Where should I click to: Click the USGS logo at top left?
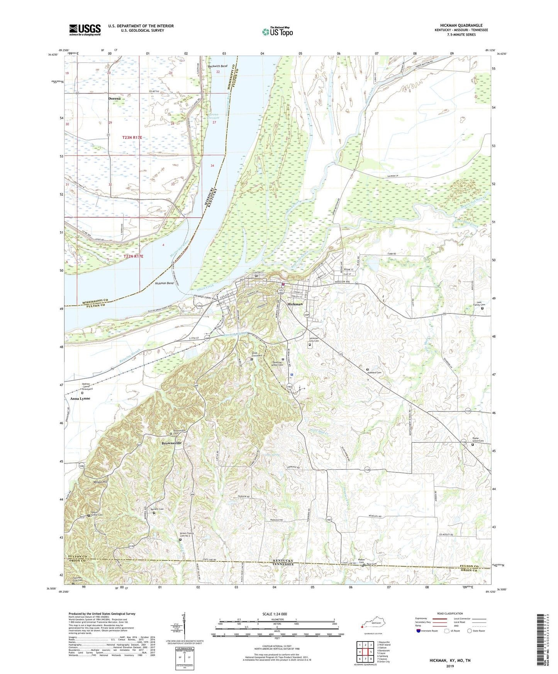(x=85, y=30)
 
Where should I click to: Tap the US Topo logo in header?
(x=277, y=32)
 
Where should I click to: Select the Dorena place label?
(x=114, y=98)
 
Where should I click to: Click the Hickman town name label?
(x=295, y=304)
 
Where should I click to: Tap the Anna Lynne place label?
(x=80, y=398)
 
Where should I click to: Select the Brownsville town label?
(x=171, y=443)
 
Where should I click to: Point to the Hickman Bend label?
(x=164, y=283)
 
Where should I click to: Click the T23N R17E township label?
(x=132, y=137)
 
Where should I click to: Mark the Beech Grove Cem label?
(x=97, y=515)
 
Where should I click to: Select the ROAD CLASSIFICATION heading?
(x=450, y=613)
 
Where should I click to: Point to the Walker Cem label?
(x=361, y=561)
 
